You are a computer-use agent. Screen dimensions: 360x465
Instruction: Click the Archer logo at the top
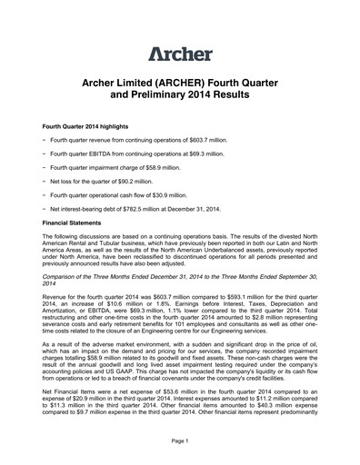pos(179,52)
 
